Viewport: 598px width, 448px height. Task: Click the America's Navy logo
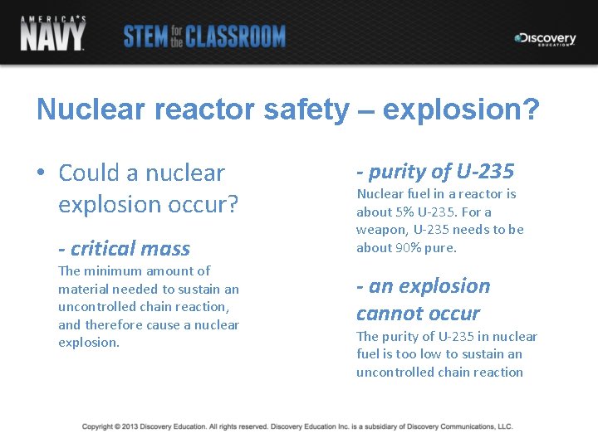point(52,32)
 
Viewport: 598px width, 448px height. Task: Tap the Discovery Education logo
point(545,39)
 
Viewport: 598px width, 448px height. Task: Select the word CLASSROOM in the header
point(235,37)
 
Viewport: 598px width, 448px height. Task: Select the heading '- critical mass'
point(124,248)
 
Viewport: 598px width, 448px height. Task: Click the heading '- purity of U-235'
point(435,172)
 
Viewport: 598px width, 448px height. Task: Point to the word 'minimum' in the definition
point(112,270)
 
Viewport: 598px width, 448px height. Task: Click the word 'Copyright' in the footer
point(98,426)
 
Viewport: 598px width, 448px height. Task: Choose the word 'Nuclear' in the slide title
point(84,110)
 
